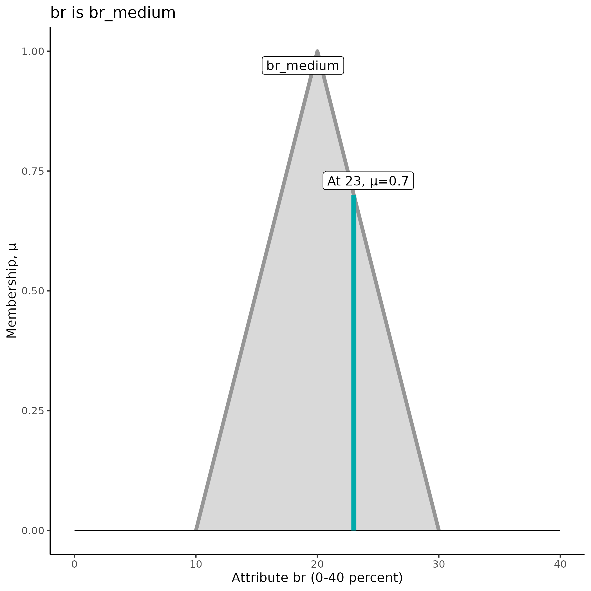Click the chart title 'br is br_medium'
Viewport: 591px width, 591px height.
[x=113, y=13]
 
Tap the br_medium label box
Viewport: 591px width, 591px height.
[x=303, y=66]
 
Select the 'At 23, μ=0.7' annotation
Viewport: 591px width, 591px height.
[x=368, y=181]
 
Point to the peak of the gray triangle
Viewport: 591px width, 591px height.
[x=317, y=51]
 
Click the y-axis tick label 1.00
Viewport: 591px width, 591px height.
[x=33, y=52]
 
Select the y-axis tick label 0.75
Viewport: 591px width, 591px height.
[x=33, y=171]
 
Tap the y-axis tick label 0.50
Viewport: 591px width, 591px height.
[x=33, y=291]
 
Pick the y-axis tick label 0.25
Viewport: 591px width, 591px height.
[x=33, y=411]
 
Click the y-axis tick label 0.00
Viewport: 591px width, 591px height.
[x=33, y=531]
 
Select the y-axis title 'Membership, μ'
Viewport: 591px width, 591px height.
[x=12, y=291]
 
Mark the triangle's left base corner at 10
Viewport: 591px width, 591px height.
[x=196, y=530]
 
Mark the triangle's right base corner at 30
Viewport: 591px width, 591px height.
[x=438, y=530]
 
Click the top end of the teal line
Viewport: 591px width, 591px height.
[x=354, y=196]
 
